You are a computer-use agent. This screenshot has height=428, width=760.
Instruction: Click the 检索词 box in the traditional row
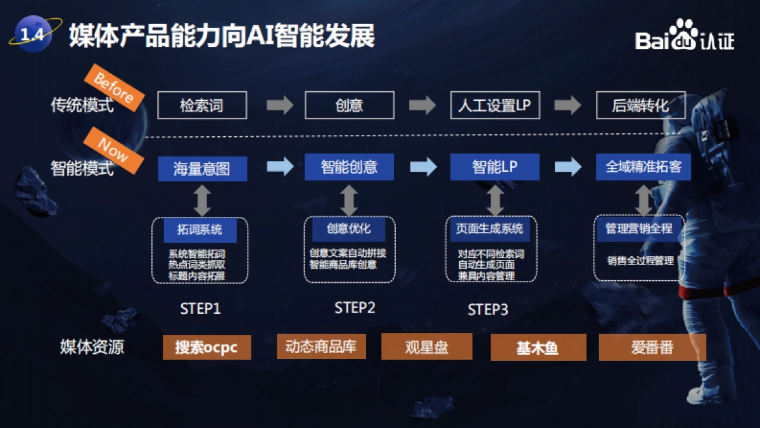click(201, 105)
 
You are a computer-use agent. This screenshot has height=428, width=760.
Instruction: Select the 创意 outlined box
click(349, 105)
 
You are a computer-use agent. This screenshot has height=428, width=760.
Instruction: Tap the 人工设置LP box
click(495, 105)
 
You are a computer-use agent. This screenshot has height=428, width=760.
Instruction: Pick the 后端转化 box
click(640, 105)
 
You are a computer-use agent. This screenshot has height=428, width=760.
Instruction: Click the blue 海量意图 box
click(202, 168)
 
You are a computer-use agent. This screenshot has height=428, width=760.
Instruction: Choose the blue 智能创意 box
click(349, 167)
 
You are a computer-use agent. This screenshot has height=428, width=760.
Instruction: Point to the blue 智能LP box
click(495, 167)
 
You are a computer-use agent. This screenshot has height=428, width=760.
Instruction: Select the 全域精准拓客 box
click(643, 167)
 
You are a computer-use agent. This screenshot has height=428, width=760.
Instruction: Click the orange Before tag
click(113, 88)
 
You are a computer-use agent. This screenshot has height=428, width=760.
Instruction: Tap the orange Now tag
click(113, 148)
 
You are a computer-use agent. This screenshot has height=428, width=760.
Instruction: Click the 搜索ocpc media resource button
click(206, 347)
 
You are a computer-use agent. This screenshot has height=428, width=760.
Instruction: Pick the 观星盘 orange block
click(426, 347)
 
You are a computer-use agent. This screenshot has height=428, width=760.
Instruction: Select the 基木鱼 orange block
click(538, 348)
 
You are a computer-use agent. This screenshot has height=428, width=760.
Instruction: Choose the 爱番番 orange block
click(652, 347)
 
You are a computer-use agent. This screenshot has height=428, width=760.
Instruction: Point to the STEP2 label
click(355, 308)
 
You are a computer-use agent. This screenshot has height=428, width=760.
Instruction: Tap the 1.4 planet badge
click(32, 35)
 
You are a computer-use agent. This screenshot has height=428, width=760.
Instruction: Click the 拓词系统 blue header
click(200, 230)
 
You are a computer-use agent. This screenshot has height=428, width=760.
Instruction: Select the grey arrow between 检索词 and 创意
click(279, 105)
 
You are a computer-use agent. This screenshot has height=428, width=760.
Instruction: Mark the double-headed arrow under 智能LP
click(495, 200)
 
